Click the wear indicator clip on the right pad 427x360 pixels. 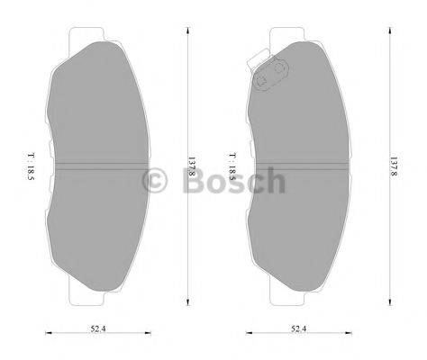click(x=268, y=77)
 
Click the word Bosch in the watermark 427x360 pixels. click(x=233, y=183)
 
